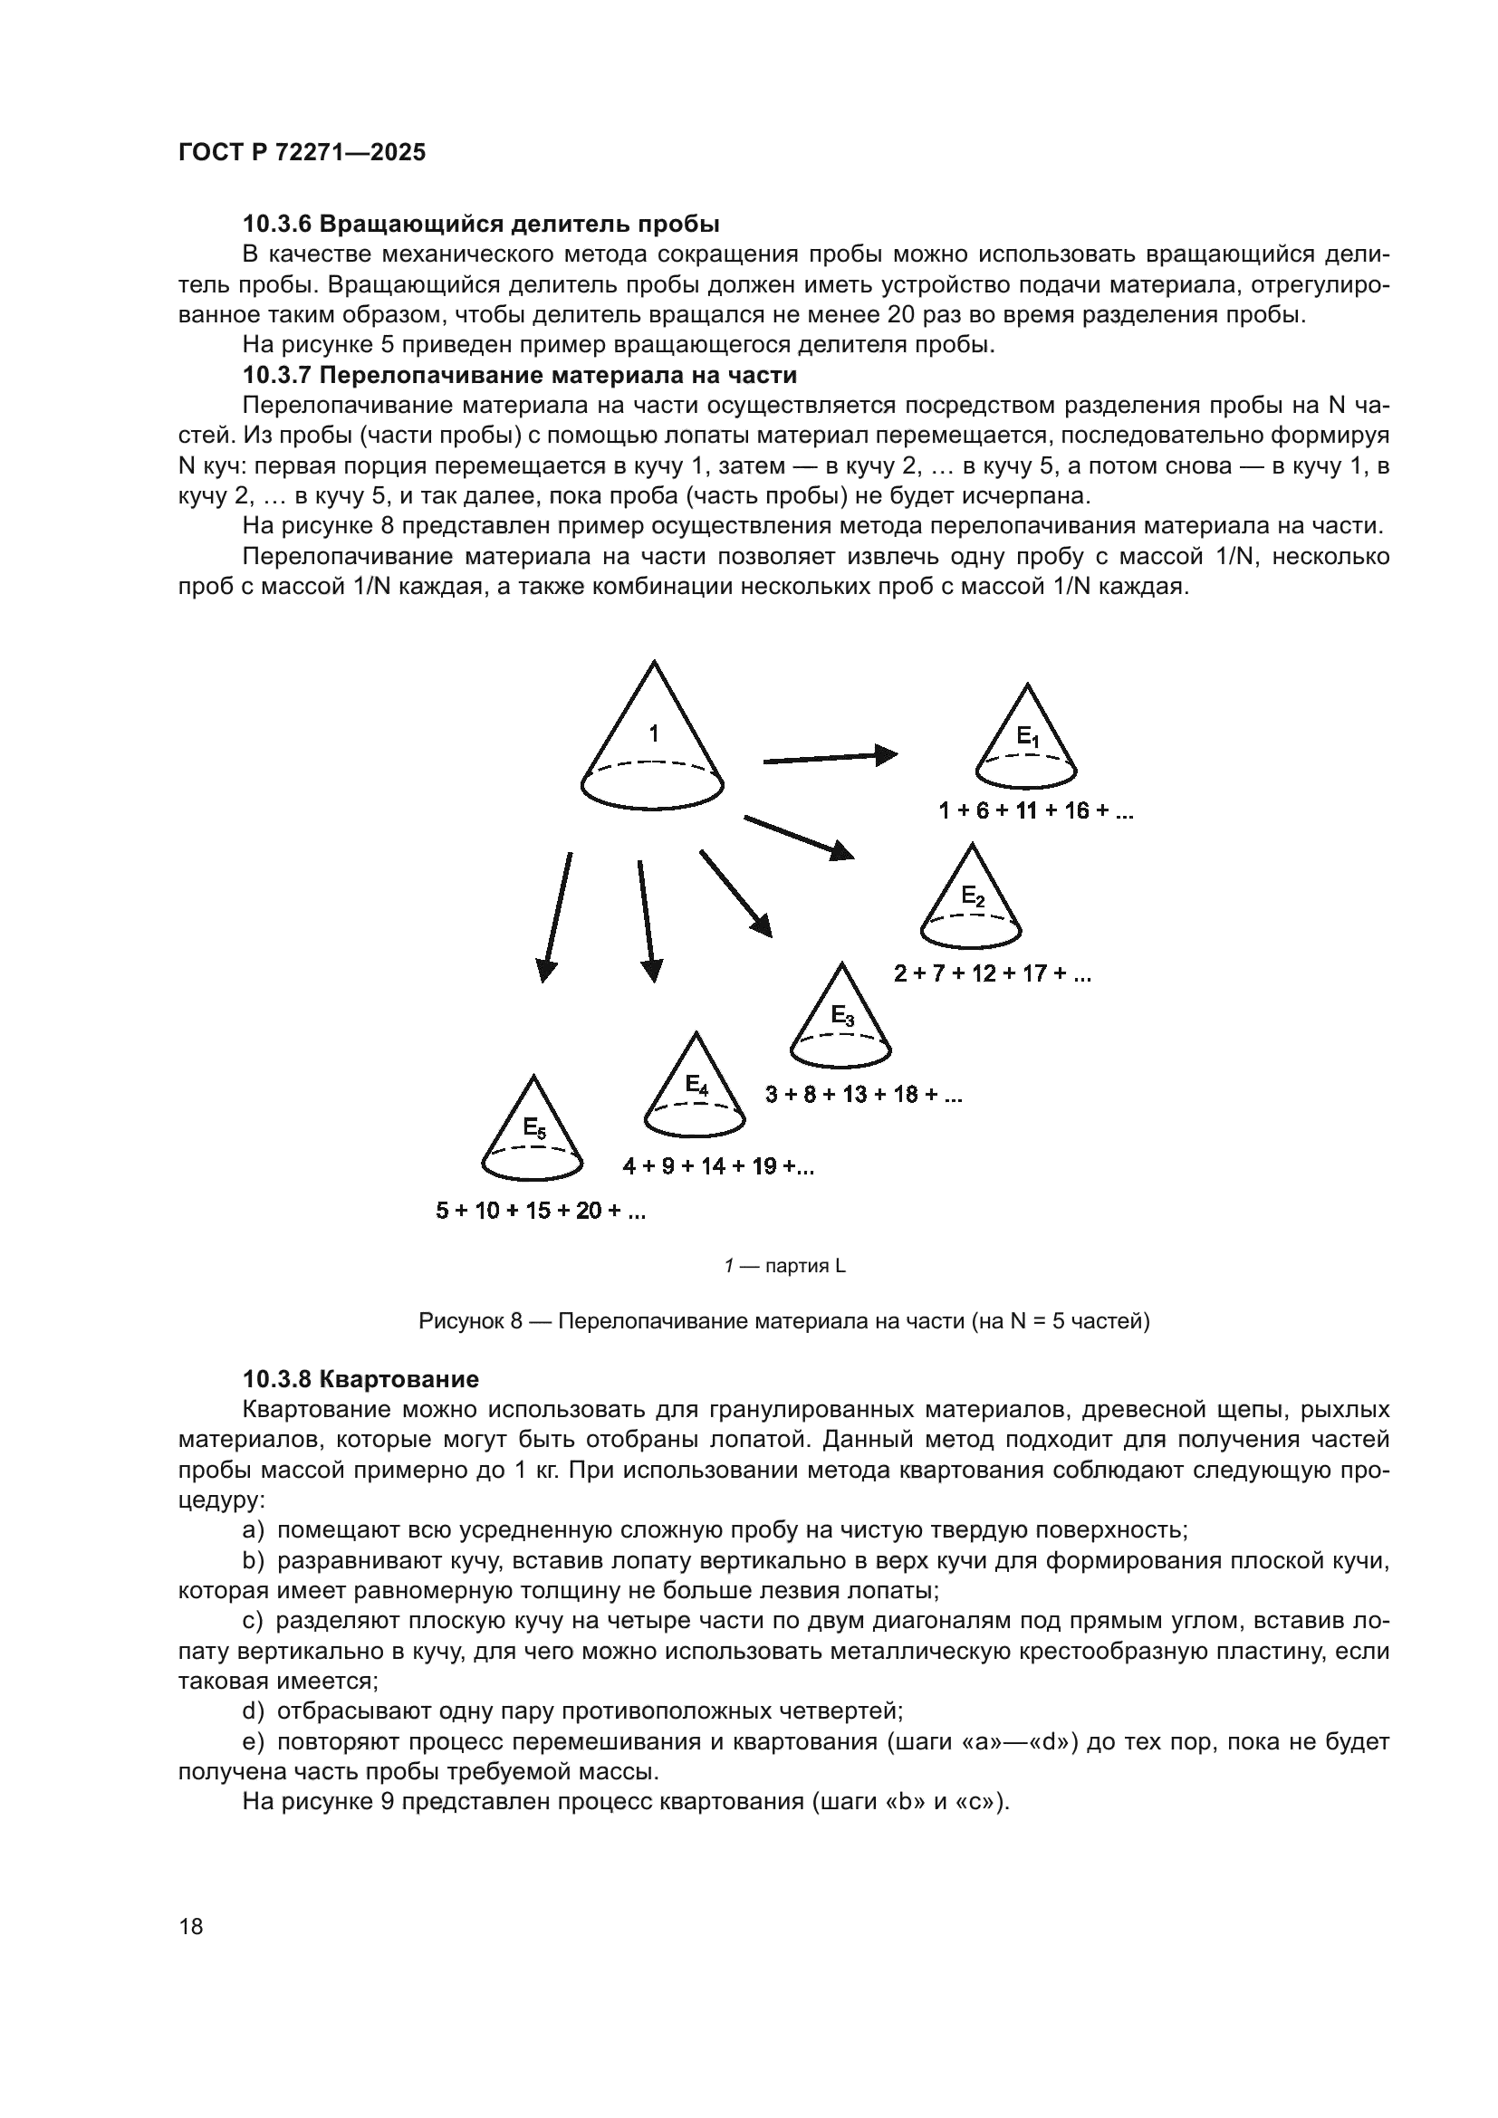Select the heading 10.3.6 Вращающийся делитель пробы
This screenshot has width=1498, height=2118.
pos(481,225)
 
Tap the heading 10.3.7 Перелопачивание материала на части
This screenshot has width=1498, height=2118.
pos(519,376)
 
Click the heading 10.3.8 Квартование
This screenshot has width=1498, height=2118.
pos(360,1379)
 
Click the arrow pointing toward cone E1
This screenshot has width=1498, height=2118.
pos(831,758)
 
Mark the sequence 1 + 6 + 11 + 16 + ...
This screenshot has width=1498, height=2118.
pos(1035,811)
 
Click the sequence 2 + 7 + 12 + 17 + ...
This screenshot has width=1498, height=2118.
pos(992,974)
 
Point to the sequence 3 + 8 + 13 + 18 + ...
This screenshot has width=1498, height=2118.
pos(863,1095)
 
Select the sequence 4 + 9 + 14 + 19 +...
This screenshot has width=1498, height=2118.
pos(717,1167)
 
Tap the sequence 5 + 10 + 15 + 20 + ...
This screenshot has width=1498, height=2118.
pos(541,1211)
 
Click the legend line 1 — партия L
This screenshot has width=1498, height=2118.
pos(784,1267)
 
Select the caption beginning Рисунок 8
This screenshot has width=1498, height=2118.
pos(784,1321)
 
